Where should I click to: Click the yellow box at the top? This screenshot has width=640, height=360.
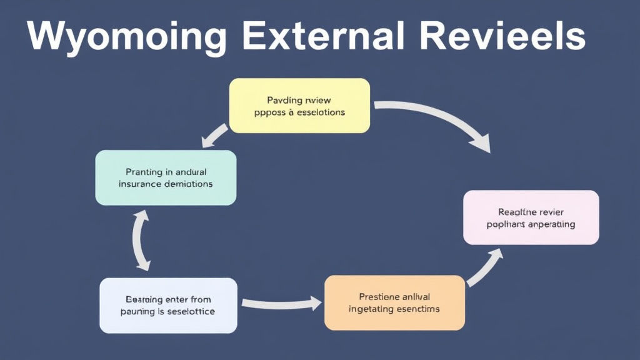coord(299,105)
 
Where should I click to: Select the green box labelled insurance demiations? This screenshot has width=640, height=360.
coord(166,177)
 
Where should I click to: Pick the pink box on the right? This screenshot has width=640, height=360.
coord(531,217)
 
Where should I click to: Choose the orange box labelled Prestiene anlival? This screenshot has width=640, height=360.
coord(394,302)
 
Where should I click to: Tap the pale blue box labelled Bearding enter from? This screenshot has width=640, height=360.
coord(168,305)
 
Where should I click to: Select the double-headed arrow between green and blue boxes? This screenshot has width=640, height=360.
coord(141,241)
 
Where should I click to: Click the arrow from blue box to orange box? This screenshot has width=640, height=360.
coord(281,304)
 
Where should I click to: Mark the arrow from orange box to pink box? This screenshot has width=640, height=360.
coord(485,266)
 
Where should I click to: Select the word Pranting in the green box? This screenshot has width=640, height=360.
coord(143,171)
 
